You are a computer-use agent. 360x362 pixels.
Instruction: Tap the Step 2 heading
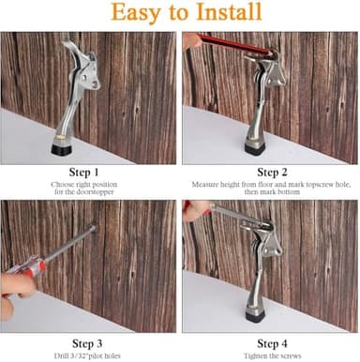click(271, 172)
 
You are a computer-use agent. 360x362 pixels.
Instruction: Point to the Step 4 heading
click(271, 341)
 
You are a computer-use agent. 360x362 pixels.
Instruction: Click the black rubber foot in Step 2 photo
click(254, 145)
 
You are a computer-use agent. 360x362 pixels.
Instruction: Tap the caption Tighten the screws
click(271, 355)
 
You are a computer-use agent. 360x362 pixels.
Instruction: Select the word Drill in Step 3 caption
click(63, 355)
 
